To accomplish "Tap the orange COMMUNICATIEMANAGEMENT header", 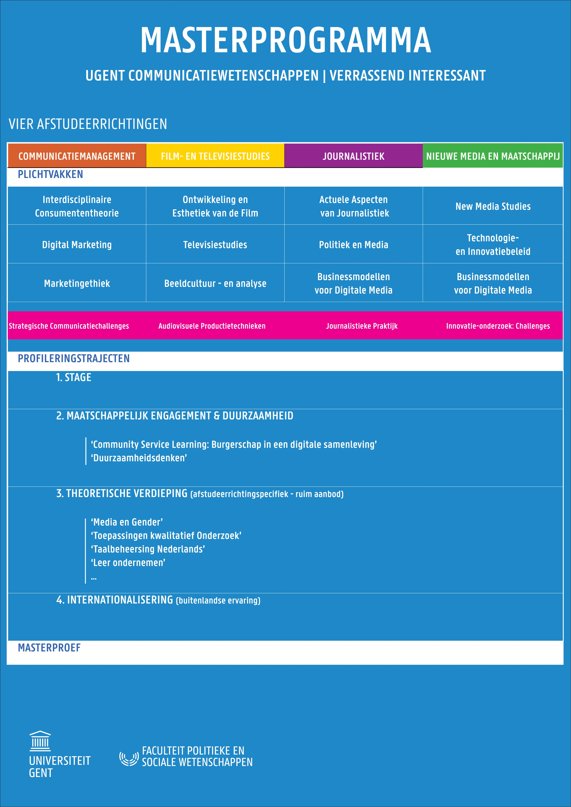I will (77, 156).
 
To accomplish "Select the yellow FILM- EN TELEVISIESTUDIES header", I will (215, 156).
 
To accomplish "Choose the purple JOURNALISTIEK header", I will (353, 156).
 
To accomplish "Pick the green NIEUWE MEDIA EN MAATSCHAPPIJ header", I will (493, 156).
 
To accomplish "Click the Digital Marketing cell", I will (77, 245).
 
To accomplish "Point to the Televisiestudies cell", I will (215, 245).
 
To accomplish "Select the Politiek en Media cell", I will (353, 245).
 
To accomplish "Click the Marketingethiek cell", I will (77, 283).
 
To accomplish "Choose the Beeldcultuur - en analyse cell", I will (215, 283).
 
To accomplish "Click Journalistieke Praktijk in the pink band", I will (361, 326).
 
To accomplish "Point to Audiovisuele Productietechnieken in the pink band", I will (212, 326).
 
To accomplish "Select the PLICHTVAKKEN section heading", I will (50, 174).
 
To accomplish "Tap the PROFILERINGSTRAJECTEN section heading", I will (74, 359).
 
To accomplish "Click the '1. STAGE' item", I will (74, 377).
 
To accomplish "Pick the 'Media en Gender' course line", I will (127, 522).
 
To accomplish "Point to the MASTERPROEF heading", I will (49, 648).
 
